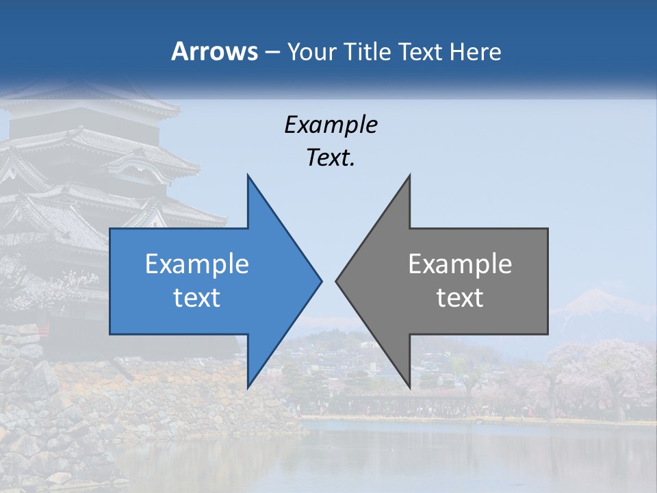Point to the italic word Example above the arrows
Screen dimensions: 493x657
(x=331, y=125)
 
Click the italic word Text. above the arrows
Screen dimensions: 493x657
(x=331, y=158)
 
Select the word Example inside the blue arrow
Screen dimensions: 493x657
(x=197, y=264)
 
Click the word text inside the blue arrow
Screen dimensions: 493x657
(x=197, y=298)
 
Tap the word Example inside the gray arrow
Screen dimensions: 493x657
(x=460, y=264)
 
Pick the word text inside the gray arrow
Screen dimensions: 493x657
(x=460, y=298)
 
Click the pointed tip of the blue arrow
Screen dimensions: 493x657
(x=321, y=281)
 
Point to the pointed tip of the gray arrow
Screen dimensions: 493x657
(x=336, y=281)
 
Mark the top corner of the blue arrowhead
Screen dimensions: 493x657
(x=248, y=175)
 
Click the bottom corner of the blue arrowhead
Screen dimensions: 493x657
(x=248, y=388)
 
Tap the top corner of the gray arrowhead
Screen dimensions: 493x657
(x=409, y=175)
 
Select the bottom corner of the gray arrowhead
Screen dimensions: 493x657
(x=409, y=388)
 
